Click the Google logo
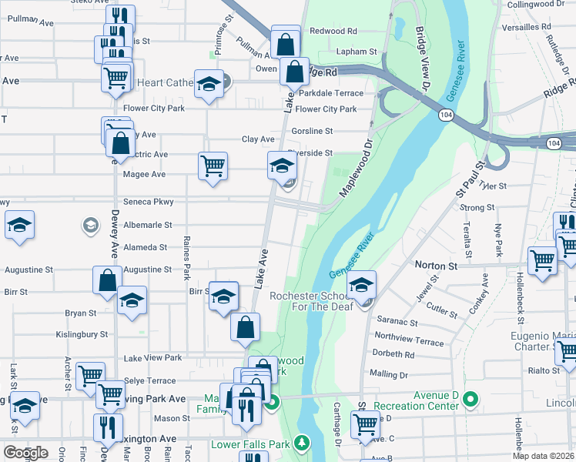25,453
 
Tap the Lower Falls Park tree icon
303,443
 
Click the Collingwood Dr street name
541,5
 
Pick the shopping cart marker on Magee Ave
213,165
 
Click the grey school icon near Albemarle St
90,225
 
